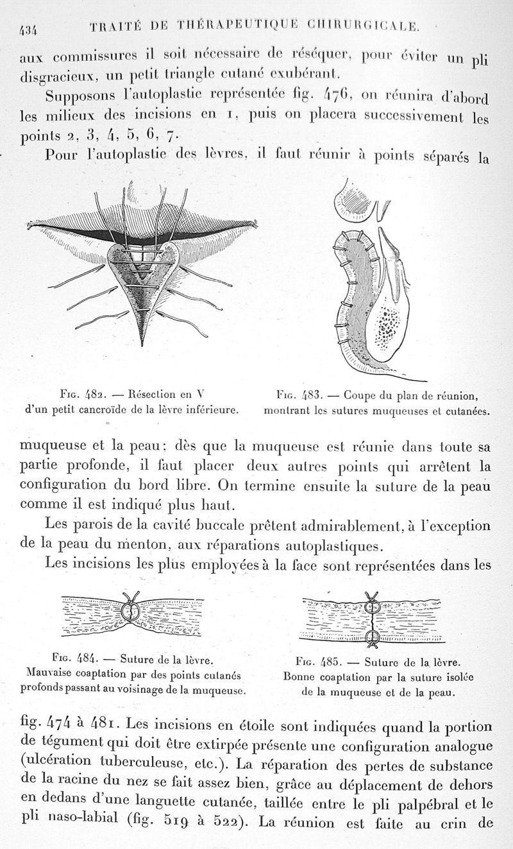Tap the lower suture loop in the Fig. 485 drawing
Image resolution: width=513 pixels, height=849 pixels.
[371, 637]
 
